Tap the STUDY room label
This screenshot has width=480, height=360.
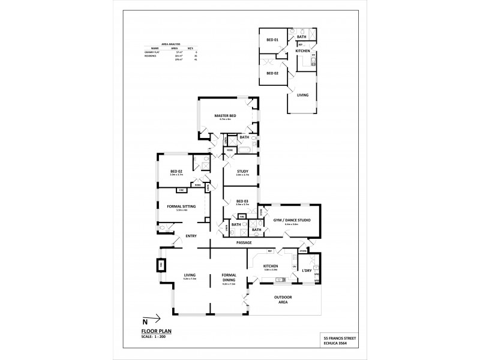pyautogui.click(x=242, y=171)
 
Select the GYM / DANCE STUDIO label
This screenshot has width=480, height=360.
pyautogui.click(x=291, y=220)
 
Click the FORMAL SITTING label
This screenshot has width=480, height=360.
pyautogui.click(x=181, y=206)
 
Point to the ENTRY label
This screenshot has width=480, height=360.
pyautogui.click(x=191, y=236)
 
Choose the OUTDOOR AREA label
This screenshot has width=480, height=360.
pyautogui.click(x=283, y=300)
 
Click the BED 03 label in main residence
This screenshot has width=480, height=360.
pyautogui.click(x=242, y=201)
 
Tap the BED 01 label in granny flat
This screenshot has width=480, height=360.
pyautogui.click(x=273, y=40)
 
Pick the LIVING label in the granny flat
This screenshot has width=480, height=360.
pyautogui.click(x=302, y=94)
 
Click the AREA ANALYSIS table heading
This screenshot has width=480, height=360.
pyautogui.click(x=164, y=44)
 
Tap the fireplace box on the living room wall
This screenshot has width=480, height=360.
pyautogui.click(x=160, y=265)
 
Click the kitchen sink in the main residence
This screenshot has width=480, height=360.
pyautogui.click(x=278, y=280)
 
